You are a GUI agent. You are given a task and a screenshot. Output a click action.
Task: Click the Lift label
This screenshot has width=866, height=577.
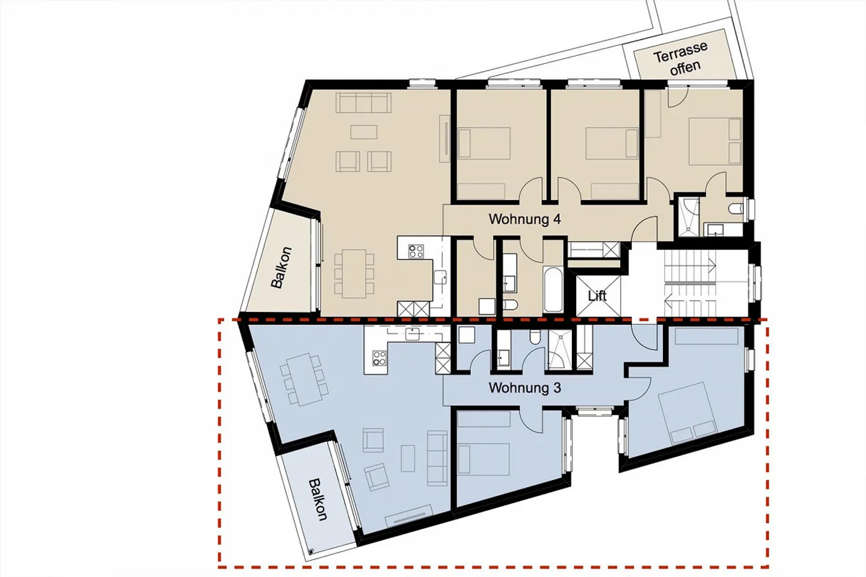(597, 296)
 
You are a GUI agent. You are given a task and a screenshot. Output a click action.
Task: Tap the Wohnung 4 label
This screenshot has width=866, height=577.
(524, 219)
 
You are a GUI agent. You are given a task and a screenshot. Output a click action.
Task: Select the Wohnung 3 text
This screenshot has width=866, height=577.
(524, 388)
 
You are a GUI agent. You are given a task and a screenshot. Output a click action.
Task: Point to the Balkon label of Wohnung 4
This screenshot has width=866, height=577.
(281, 267)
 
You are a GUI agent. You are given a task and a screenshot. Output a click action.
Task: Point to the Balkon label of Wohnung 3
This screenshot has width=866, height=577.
(318, 499)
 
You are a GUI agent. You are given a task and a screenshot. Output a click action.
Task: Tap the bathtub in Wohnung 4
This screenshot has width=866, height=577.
(553, 290)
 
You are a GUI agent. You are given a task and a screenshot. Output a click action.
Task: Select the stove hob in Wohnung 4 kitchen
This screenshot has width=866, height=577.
(416, 251)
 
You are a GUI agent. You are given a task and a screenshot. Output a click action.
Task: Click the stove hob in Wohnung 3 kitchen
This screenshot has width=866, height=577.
(379, 359)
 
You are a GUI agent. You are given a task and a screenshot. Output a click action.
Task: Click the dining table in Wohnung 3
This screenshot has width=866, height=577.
(303, 379)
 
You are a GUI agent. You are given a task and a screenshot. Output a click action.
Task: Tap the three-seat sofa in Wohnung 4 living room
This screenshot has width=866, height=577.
(363, 103)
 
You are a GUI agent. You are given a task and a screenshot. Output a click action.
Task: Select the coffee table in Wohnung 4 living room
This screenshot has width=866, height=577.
(364, 132)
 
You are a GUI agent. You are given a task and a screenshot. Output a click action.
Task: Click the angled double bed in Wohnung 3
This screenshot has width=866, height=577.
(686, 412)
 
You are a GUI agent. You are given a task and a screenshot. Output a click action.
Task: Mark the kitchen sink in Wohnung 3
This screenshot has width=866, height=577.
(413, 334)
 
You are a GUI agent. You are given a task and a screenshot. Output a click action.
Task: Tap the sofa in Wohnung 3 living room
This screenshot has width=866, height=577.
(437, 458)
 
